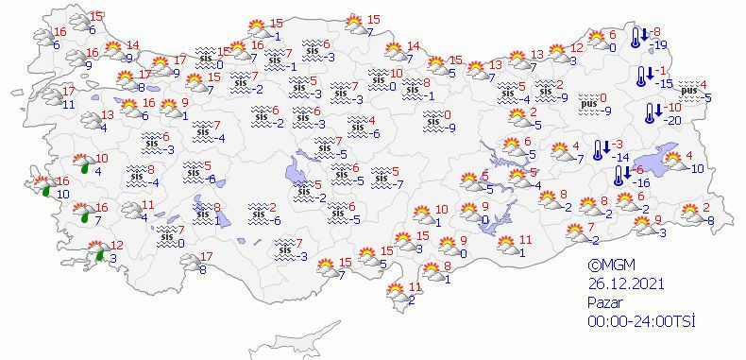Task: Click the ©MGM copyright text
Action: (x=609, y=266)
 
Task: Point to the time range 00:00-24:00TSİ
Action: (x=641, y=321)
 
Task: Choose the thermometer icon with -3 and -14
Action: (x=601, y=149)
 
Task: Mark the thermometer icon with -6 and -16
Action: (x=619, y=175)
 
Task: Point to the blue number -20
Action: (x=673, y=120)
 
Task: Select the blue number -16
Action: (x=638, y=181)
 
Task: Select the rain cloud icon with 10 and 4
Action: (x=83, y=164)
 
